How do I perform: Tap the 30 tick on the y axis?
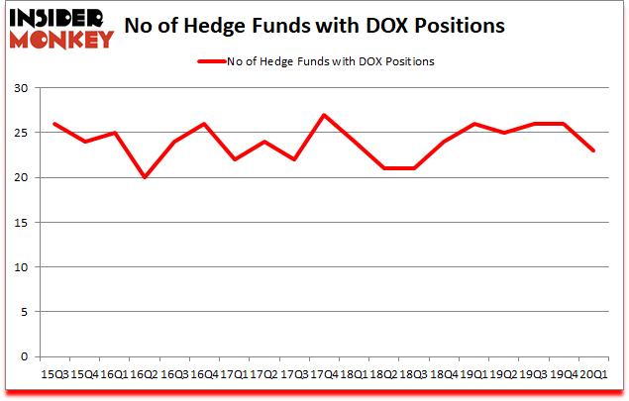pos(21,88)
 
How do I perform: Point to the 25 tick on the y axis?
pos(21,133)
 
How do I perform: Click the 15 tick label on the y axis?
pos(21,223)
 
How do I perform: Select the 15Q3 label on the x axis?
pos(56,375)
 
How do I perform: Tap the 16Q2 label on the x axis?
pos(146,375)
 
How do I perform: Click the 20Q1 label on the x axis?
pos(592,375)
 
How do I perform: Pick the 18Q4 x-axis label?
pos(444,375)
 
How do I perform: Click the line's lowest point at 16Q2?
pos(146,177)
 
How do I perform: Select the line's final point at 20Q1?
pos(592,150)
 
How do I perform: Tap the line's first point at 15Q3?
pos(56,124)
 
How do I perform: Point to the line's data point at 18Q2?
pos(384,168)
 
